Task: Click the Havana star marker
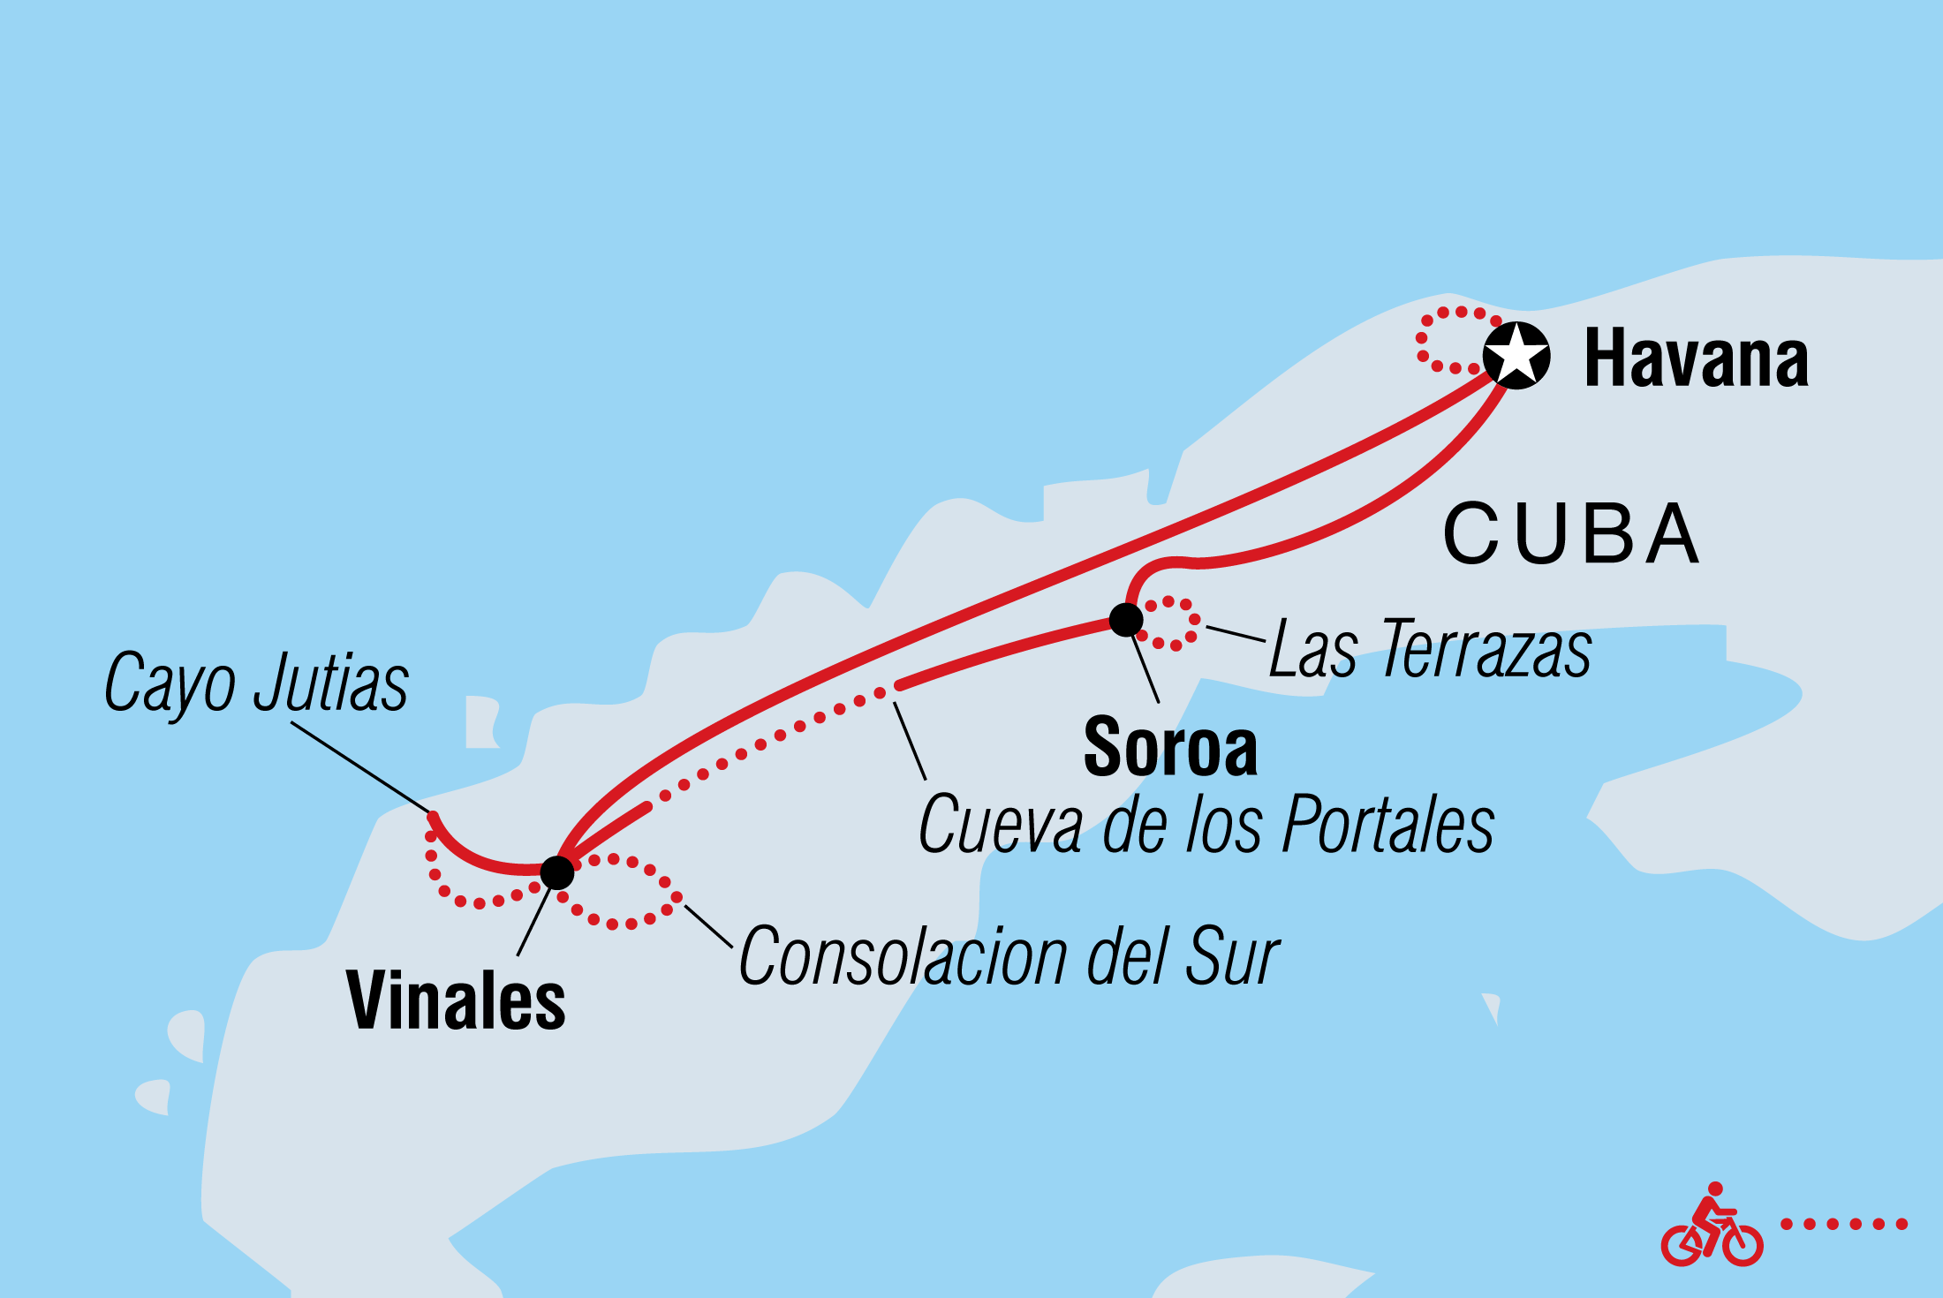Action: click(1516, 355)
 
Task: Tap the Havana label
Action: click(1696, 358)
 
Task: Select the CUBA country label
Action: click(1570, 534)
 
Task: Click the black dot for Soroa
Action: click(1126, 619)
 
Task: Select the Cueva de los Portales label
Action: click(1206, 825)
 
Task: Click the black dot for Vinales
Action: click(556, 872)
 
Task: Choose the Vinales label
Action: click(456, 1001)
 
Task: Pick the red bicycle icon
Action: click(1711, 1225)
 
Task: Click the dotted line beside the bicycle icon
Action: click(1844, 1224)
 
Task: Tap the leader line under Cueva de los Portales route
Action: click(910, 740)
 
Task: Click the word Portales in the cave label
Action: click(1387, 825)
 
